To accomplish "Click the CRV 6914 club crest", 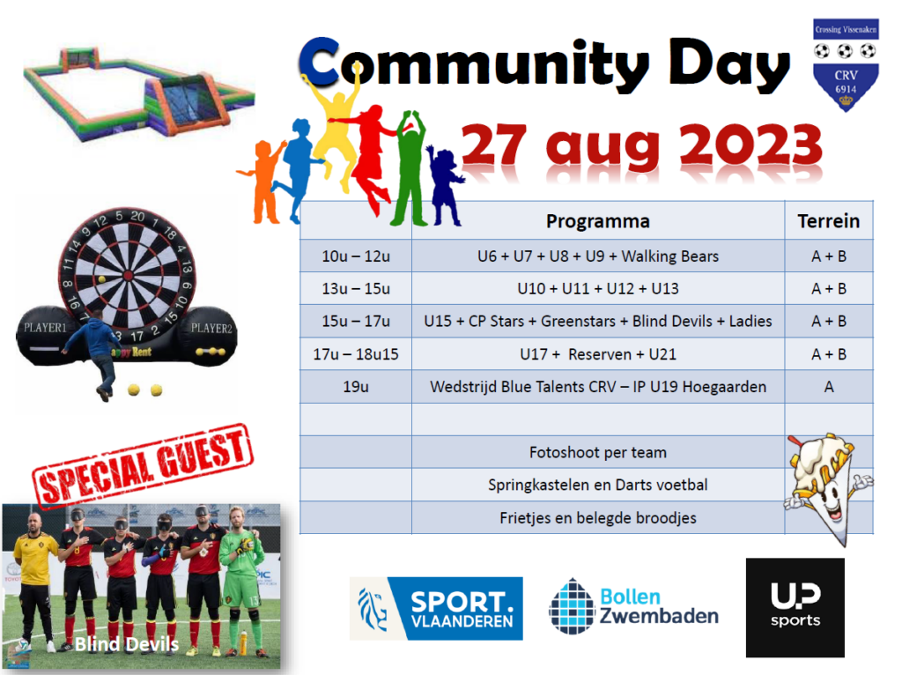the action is point(845,64).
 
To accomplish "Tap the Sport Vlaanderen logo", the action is point(436,608).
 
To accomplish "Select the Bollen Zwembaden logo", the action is point(633,606).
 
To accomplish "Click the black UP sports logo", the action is point(795,608).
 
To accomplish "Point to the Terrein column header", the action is point(828,221).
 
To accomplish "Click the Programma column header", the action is point(598,221).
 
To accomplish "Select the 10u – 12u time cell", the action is point(356,256).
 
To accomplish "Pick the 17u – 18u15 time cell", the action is point(356,354).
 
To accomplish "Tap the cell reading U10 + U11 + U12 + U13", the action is point(598,288).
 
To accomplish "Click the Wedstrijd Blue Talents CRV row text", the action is point(598,387).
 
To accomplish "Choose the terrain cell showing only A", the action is point(828,387).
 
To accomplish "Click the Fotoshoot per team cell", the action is point(598,452).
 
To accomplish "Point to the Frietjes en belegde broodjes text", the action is point(598,518).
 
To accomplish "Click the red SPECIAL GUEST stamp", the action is point(143,465).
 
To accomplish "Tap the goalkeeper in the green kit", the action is point(240,582).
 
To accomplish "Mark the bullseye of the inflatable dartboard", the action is point(129,276).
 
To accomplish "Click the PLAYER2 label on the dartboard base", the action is point(211,328).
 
